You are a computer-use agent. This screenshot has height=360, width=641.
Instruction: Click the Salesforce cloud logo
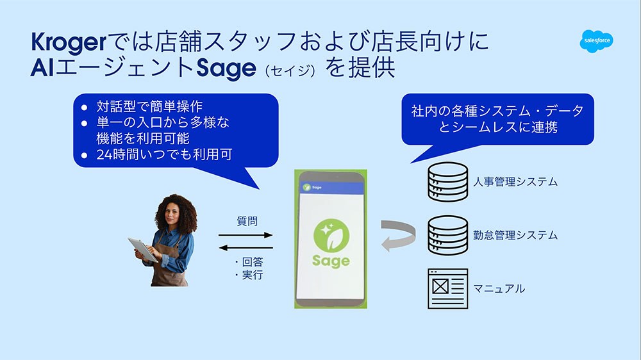596,41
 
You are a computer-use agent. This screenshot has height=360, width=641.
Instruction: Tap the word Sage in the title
226,69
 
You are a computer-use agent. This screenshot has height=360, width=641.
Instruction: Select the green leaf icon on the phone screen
331,236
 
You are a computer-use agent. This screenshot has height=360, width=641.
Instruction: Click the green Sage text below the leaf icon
331,261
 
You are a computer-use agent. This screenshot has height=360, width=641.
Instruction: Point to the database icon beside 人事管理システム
447,182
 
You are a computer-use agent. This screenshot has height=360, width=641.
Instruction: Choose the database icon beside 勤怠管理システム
447,235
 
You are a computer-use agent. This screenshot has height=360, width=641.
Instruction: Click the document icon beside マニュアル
447,288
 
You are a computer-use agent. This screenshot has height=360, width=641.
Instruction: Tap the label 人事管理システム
515,182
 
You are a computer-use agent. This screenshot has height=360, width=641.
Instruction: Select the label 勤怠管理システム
515,235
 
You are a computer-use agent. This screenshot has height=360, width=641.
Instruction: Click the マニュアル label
499,289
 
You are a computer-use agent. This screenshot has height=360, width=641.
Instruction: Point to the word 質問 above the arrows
247,221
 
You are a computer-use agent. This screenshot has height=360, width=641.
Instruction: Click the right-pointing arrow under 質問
246,235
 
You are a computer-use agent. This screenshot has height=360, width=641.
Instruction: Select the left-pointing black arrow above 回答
246,248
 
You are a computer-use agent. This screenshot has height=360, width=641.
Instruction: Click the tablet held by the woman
143,249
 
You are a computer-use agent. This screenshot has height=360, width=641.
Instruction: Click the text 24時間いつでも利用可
164,154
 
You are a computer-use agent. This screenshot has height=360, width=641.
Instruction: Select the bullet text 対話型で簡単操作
149,106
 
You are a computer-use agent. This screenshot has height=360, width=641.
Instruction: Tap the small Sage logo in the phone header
312,187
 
